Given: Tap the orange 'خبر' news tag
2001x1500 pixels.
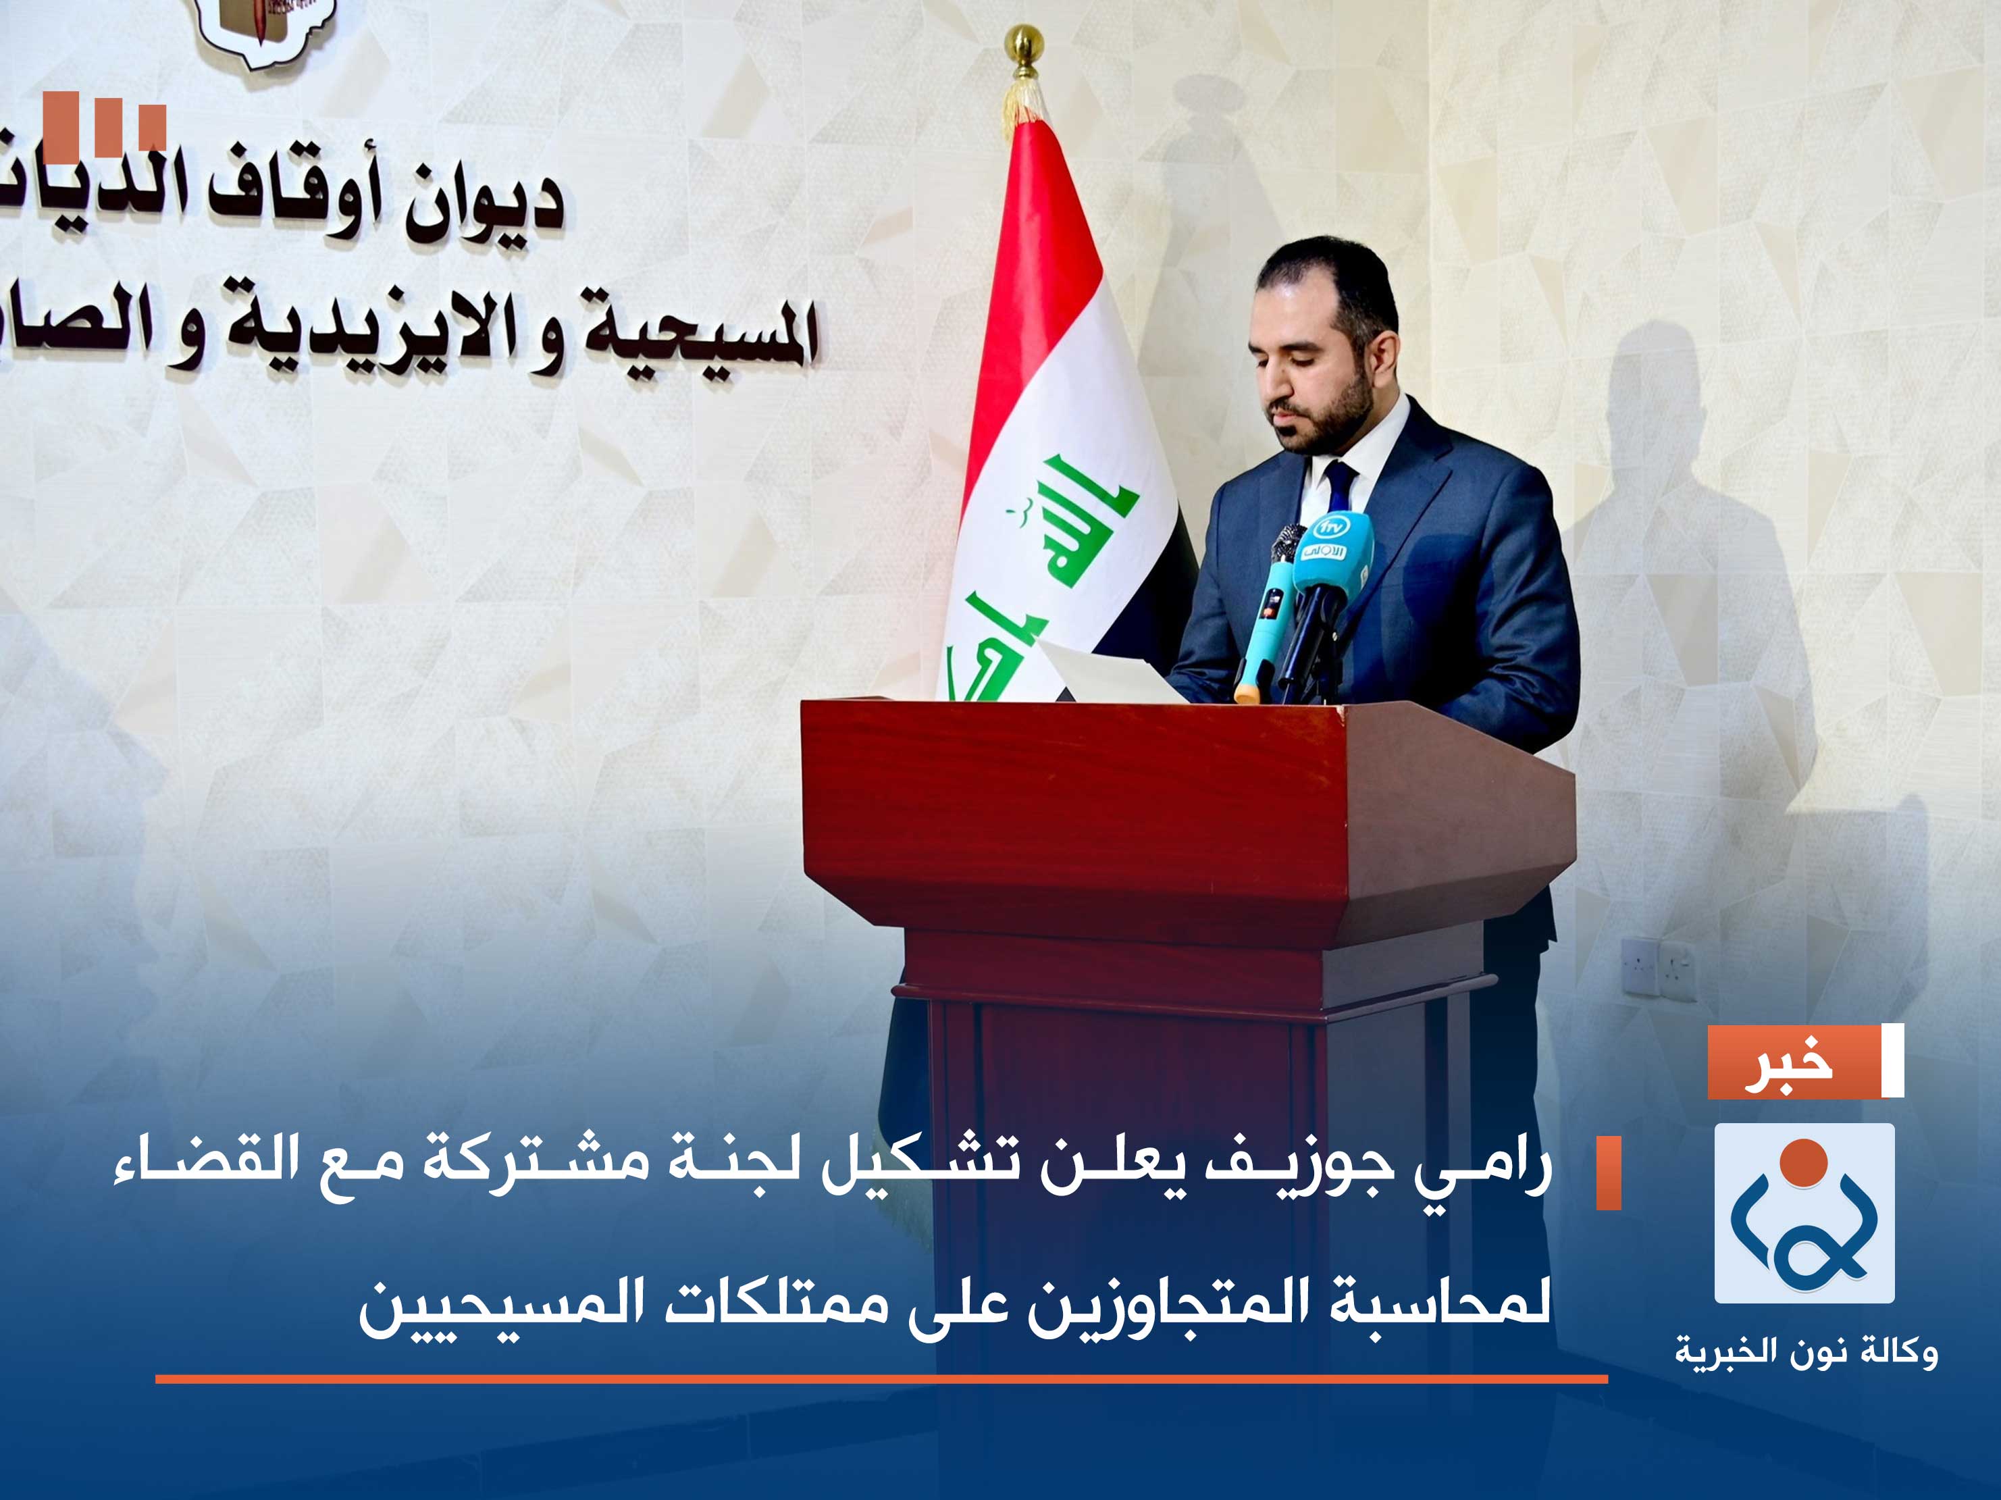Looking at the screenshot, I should tap(1791, 1061).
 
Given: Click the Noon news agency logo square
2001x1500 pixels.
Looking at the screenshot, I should tap(1804, 1212).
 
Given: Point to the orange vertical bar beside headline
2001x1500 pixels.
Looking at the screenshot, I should tap(1609, 1173).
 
